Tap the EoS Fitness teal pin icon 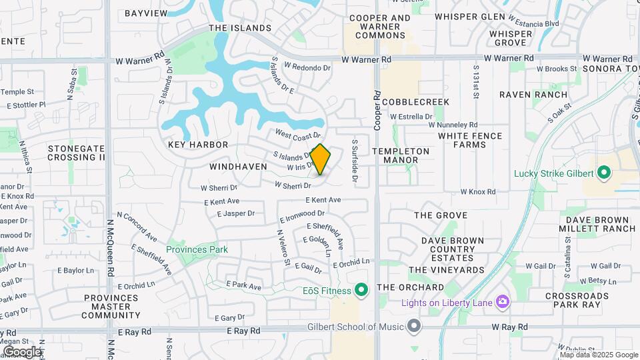[361, 290]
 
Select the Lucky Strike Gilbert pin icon [605, 173]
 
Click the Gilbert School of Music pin [415, 326]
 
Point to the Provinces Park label [197, 249]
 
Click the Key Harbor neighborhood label [198, 145]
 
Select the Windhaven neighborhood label [233, 166]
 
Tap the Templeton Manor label [401, 155]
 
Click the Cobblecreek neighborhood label [416, 101]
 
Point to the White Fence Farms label [470, 140]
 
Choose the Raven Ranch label [533, 95]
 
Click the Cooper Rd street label [377, 111]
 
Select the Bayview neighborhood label [145, 13]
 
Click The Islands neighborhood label [240, 28]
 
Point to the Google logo [22, 351]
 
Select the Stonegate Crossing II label [76, 153]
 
